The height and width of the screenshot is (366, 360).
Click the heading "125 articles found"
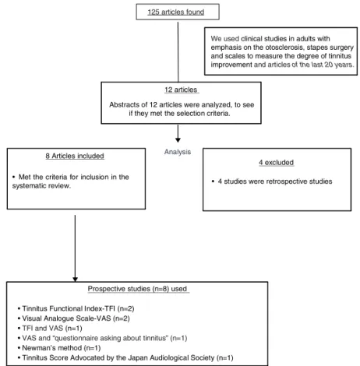point(176,12)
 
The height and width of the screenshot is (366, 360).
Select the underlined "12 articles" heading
point(181,90)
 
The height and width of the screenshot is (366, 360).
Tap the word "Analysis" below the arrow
point(178,152)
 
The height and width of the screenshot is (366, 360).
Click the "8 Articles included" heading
point(75,156)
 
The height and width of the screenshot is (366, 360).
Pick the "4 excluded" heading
point(276,163)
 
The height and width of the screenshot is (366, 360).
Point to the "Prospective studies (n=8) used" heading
point(137,289)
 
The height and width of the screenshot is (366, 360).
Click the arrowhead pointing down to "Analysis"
point(178,140)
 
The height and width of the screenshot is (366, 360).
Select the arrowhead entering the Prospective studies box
point(75,279)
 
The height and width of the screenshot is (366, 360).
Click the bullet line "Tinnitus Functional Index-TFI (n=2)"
point(76,308)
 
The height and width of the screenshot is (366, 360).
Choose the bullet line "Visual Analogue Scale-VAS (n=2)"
point(74,318)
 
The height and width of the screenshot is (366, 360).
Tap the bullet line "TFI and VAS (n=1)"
point(50,329)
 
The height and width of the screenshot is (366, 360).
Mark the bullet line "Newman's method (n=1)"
point(59,348)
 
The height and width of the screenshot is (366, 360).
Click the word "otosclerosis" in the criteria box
point(284,48)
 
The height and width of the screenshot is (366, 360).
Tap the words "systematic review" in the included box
point(41,186)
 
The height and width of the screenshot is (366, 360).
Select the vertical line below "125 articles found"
point(178,52)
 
